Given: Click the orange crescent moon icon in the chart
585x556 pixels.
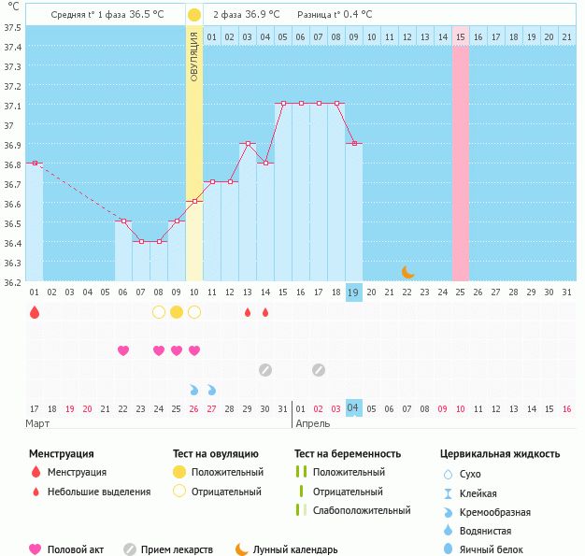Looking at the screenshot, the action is click(x=407, y=273).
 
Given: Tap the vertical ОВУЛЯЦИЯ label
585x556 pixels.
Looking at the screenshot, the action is click(x=194, y=57).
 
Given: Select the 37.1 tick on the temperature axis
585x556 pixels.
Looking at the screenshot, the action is click(x=12, y=106).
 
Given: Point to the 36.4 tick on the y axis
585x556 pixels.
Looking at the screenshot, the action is click(x=12, y=243).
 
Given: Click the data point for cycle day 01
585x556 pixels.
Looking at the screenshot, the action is click(x=35, y=164).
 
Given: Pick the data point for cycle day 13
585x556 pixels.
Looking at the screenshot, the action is click(x=248, y=143).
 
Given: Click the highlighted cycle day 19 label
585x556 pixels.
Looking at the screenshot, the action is click(x=353, y=292).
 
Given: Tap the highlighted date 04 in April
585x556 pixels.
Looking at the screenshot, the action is click(x=353, y=407).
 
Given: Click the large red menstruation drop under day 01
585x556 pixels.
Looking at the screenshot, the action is click(x=35, y=312).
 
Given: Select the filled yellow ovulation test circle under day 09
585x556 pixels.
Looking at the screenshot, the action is click(x=177, y=312).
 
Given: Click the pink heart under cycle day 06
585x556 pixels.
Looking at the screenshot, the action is click(x=123, y=350).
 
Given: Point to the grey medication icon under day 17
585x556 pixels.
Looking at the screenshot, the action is click(x=319, y=370).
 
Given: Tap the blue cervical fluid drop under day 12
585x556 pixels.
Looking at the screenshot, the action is click(x=212, y=390).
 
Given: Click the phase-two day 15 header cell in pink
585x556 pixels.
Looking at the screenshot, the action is click(x=461, y=37).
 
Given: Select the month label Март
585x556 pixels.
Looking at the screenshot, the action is click(x=37, y=423).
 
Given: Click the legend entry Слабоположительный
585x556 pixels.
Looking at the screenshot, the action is click(x=362, y=510).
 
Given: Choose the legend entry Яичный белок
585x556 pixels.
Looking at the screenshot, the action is click(x=491, y=549).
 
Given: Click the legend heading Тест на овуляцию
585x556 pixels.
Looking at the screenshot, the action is click(x=216, y=454).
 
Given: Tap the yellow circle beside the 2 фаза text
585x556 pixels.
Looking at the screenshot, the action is click(x=194, y=15).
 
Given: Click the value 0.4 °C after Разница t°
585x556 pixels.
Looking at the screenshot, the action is click(x=357, y=15).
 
